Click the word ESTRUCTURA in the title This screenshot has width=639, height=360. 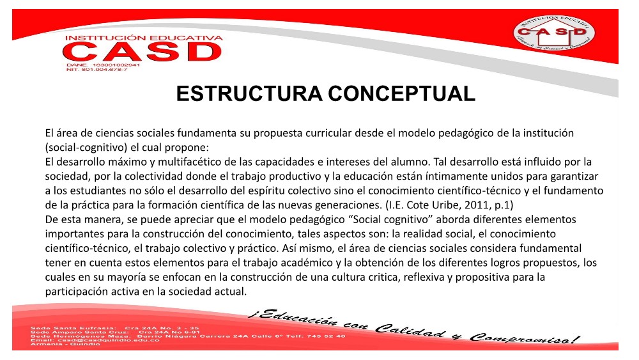[x=249, y=94]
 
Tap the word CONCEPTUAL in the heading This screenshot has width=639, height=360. [x=401, y=94]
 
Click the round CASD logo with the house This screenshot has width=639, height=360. [x=554, y=33]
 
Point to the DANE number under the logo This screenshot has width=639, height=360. [x=103, y=65]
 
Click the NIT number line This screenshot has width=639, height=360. [x=97, y=70]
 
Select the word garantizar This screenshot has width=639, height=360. [x=574, y=176]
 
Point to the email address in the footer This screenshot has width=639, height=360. [x=95, y=340]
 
